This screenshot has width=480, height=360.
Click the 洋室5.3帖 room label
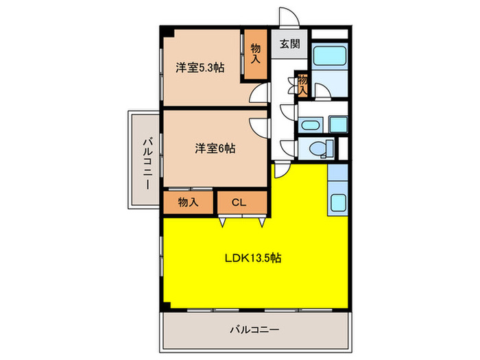pyautogui.click(x=200, y=67)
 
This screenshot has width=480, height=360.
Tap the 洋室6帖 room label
pyautogui.click(x=215, y=147)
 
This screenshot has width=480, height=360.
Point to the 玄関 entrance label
pyautogui.click(x=289, y=45)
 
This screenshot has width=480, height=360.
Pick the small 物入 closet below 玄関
pyautogui.click(x=302, y=84)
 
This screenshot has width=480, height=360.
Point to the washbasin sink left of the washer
pyautogui.click(x=310, y=124)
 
